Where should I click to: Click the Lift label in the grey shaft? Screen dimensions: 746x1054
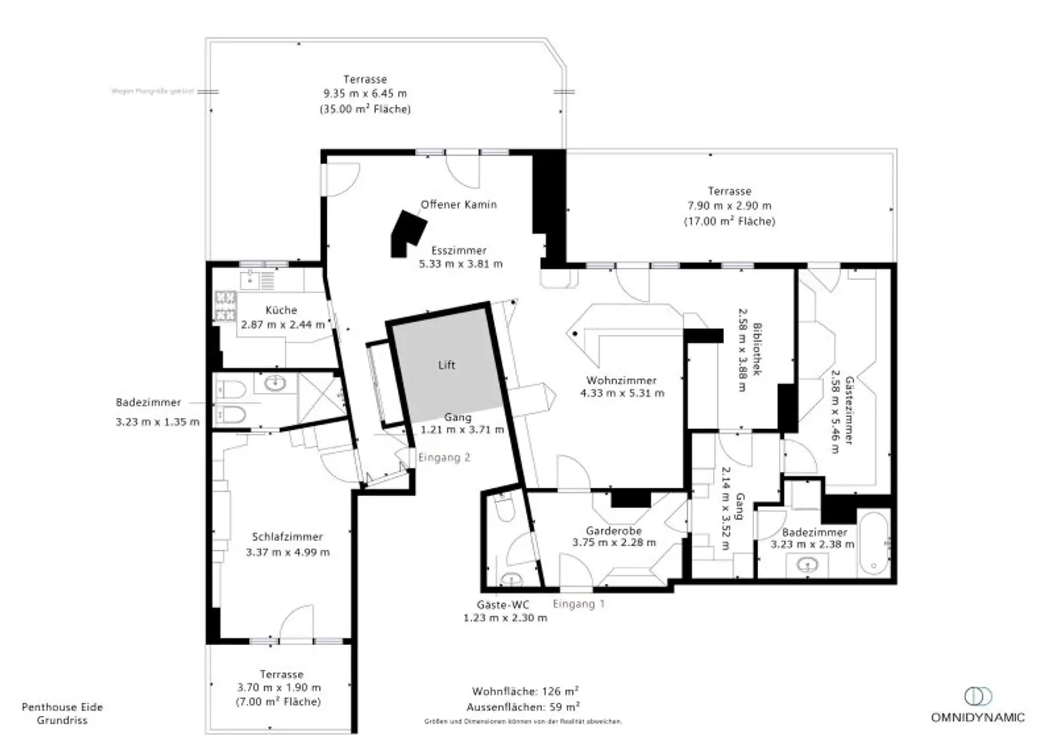pyautogui.click(x=446, y=365)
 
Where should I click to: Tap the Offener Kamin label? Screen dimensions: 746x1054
pyautogui.click(x=458, y=205)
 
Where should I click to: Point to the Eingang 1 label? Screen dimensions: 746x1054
pyautogui.click(x=578, y=604)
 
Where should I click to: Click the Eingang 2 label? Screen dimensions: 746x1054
pyautogui.click(x=444, y=458)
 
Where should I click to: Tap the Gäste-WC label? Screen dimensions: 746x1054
pyautogui.click(x=502, y=605)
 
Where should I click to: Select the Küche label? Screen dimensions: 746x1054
pyautogui.click(x=281, y=310)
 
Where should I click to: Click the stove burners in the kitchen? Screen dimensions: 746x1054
pyautogui.click(x=226, y=306)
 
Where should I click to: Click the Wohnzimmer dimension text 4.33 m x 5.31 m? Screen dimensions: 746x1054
pyautogui.click(x=622, y=393)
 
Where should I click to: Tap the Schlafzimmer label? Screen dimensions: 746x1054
pyautogui.click(x=287, y=537)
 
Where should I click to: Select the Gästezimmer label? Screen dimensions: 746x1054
pyautogui.click(x=850, y=410)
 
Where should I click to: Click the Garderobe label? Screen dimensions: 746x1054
pyautogui.click(x=613, y=531)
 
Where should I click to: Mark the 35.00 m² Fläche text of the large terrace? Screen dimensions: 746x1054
pyautogui.click(x=365, y=109)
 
